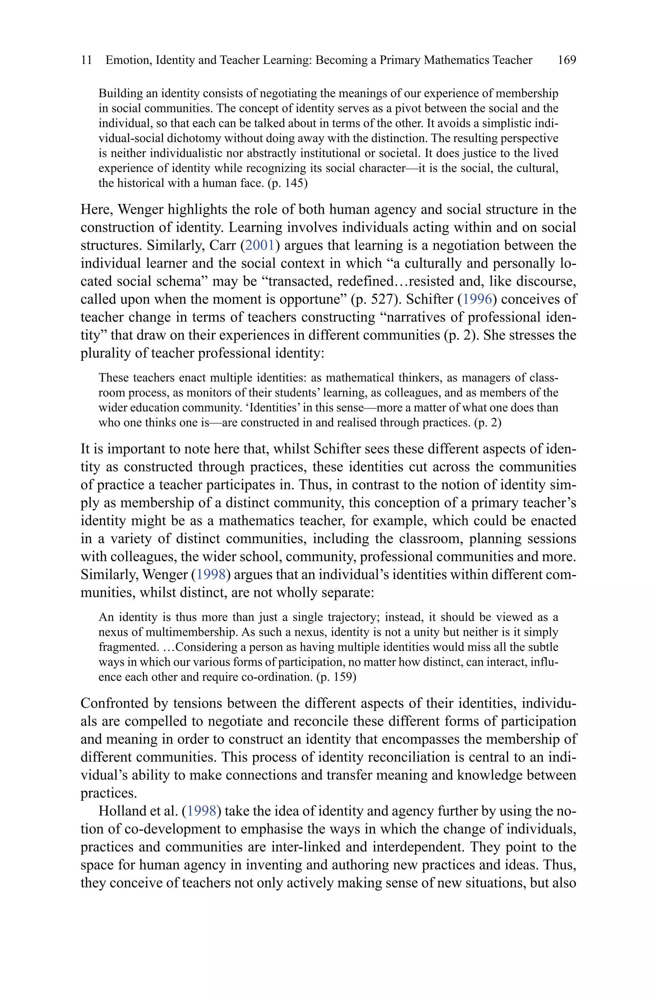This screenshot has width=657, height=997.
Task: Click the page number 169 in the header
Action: coord(567,60)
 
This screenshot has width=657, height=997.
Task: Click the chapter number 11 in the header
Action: coord(86,60)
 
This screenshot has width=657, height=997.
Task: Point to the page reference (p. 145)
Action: coord(287,184)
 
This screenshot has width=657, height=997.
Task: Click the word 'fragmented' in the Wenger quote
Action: coord(128,647)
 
